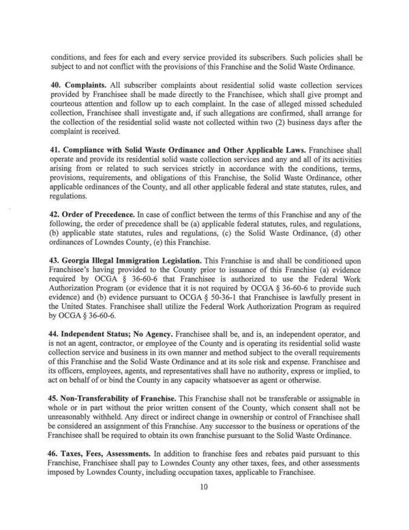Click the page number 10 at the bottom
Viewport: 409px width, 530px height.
point(204,506)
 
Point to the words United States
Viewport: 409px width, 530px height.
point(87,318)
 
